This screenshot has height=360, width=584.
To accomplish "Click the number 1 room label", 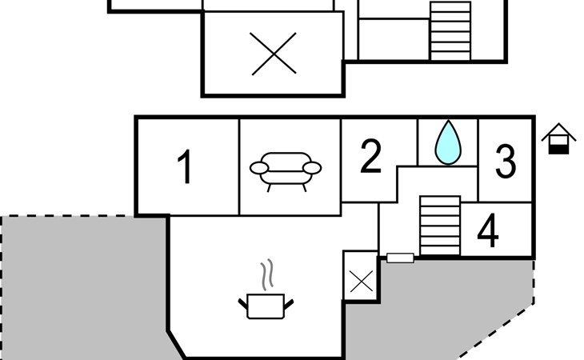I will point(185,168).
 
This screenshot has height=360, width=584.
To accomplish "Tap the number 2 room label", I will point(370,157).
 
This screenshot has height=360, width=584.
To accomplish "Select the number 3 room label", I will point(506,161).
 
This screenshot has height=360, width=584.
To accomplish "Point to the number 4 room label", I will point(488,232).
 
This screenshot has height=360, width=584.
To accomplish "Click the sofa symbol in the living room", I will point(286,170).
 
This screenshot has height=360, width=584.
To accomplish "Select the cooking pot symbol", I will point(266,306).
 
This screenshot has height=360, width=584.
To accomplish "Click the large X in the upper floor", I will point(274,54).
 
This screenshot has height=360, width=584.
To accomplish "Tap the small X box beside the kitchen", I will point(361,281).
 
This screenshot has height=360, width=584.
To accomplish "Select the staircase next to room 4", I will point(440,225).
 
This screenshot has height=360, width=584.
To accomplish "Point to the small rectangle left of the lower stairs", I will point(400,258).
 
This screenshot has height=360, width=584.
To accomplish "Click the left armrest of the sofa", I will point(259,168).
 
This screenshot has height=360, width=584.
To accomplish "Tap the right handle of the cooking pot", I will point(290,301).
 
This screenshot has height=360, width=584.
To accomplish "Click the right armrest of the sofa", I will point(313,167).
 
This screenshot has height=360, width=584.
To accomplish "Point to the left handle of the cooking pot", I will point(243,302).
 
